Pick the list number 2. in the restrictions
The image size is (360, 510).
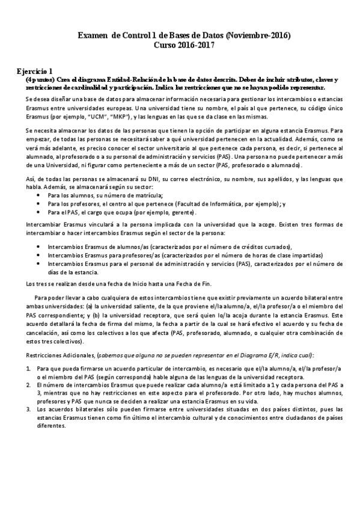(x=28, y=383)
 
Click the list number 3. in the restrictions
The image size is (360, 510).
(x=28, y=408)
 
